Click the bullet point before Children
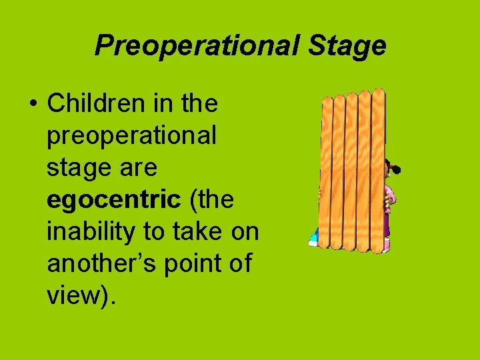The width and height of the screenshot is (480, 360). [x=32, y=105]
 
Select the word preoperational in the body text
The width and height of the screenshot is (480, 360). [x=131, y=135]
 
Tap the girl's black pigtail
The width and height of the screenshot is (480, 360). [x=396, y=171]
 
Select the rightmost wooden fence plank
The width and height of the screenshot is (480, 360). [x=379, y=170]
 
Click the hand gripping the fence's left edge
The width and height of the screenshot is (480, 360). [x=320, y=193]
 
